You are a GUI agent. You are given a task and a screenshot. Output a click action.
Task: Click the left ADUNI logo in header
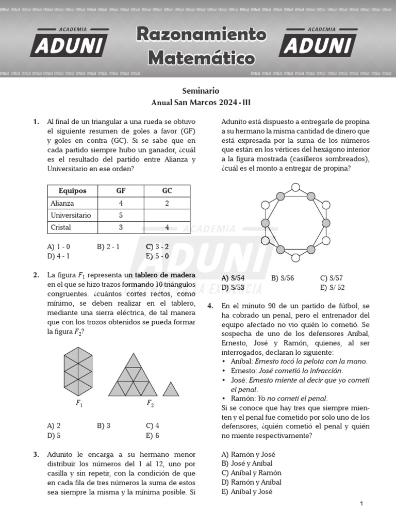pos(70,43)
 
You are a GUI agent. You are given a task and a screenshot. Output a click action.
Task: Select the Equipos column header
pos(73,191)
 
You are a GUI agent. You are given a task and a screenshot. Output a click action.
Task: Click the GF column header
pos(121,191)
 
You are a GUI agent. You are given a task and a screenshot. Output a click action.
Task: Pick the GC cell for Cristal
pos(167,227)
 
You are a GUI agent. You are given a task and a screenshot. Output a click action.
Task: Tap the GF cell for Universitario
pos(121,215)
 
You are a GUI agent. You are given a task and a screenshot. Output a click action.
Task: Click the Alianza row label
pos(62,203)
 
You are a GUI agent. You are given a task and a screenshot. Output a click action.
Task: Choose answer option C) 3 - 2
pos(157,246)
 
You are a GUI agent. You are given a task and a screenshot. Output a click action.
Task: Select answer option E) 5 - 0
pos(157,256)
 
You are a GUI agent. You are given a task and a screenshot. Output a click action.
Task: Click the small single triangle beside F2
pos(171,389)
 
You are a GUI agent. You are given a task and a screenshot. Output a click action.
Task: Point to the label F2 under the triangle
pos(150,404)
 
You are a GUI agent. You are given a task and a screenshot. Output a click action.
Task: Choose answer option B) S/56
pos(283,278)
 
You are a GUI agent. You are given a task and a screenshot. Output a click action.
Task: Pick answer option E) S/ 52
pos(333,288)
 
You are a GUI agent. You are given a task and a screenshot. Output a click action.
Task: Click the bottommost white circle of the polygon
pos(295,257)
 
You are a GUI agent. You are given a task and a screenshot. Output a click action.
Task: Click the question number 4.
pos(210,306)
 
